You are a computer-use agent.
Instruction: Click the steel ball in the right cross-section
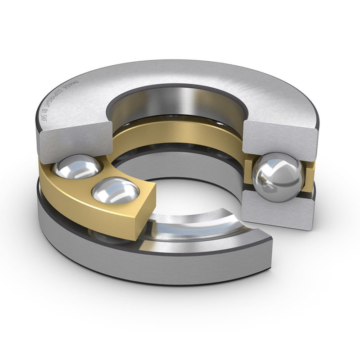tap(277, 176)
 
